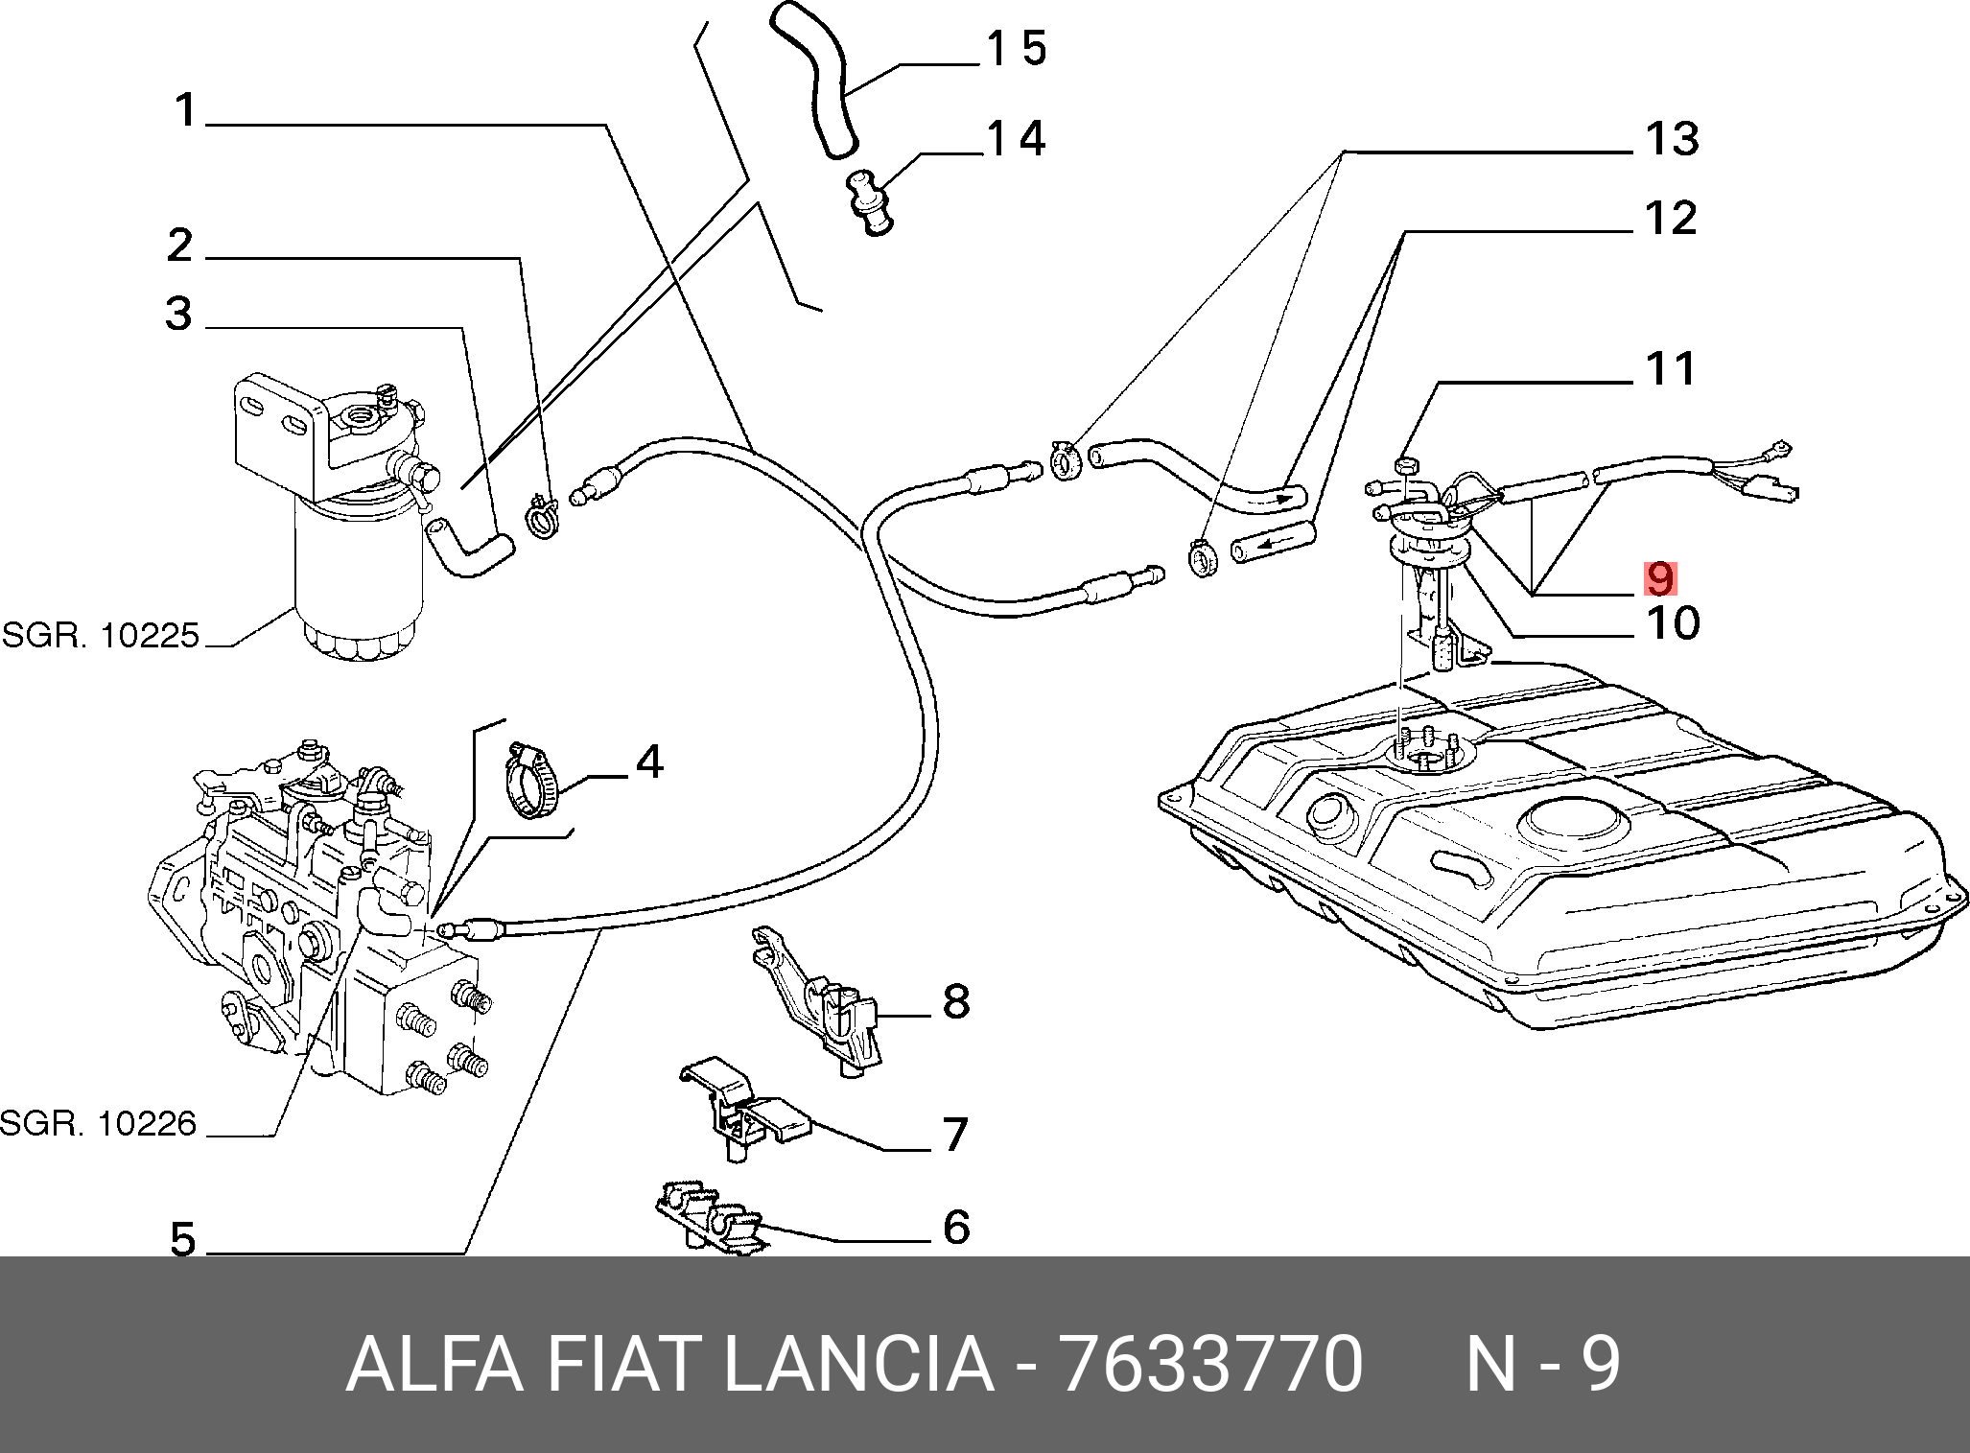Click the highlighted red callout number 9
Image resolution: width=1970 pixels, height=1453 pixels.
coord(1660,578)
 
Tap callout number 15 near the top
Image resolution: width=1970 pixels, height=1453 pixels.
coord(1018,48)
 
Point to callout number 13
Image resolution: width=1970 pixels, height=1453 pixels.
coord(1672,140)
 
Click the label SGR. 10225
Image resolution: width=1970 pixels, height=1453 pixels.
coord(101,635)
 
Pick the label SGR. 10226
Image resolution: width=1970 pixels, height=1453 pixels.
coord(99,1123)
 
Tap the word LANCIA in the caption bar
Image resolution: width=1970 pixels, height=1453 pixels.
coord(858,1364)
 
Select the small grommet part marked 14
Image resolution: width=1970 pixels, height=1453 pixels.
coord(869,202)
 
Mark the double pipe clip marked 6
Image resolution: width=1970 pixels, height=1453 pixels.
coord(710,1218)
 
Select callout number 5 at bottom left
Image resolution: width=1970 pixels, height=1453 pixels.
coord(183,1240)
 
